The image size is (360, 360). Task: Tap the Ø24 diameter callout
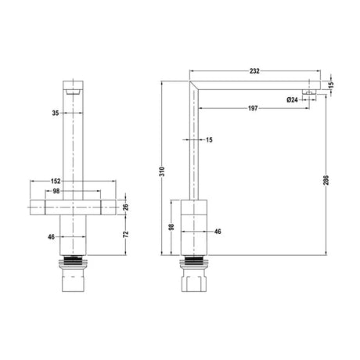tap(292, 98)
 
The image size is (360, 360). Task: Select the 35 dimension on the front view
tap(56, 112)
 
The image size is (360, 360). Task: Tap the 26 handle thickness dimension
tap(125, 207)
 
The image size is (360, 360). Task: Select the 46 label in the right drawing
tap(217, 232)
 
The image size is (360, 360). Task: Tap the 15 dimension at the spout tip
tap(331, 85)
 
